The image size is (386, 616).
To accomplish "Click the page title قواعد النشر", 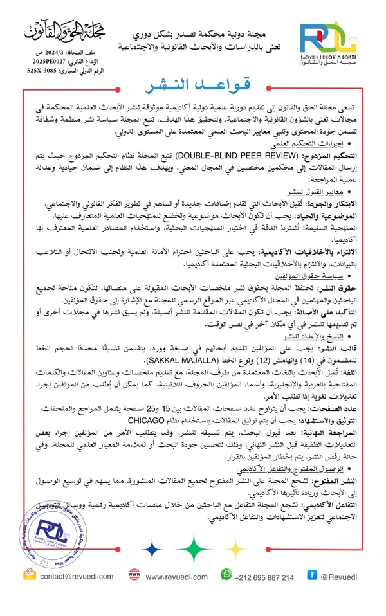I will [x=193, y=86].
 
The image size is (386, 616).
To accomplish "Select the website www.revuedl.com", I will [x=176, y=577].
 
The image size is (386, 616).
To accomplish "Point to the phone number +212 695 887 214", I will [x=266, y=577].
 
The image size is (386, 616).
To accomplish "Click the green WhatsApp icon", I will [x=226, y=574].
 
